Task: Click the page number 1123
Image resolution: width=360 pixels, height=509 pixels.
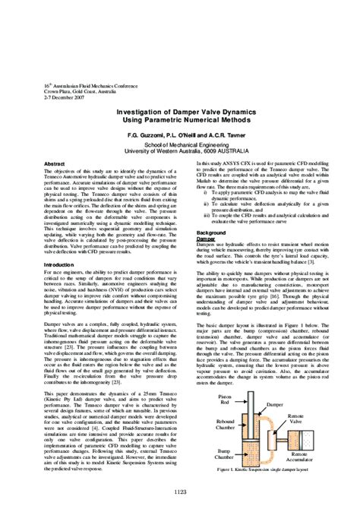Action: click(180, 492)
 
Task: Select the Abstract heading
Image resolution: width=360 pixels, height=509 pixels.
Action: click(55, 164)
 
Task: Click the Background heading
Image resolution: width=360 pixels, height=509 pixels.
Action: click(211, 232)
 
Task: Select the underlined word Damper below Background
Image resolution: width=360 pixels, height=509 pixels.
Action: click(205, 238)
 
